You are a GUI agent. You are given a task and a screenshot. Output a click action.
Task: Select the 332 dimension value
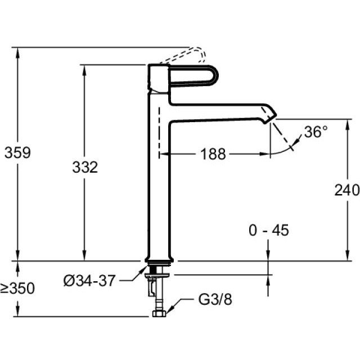pyautogui.click(x=85, y=167)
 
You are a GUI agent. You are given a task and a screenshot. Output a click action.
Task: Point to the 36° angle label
pyautogui.click(x=316, y=132)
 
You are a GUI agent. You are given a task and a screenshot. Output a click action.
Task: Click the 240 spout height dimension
pyautogui.click(x=346, y=191)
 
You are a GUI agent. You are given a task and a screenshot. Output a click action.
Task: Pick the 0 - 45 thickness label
pyautogui.click(x=268, y=231)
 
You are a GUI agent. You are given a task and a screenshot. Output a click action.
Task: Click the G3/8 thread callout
pyautogui.click(x=214, y=299)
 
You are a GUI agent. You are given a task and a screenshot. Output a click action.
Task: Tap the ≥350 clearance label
pyautogui.click(x=17, y=289)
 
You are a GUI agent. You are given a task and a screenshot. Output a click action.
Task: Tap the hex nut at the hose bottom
pyautogui.click(x=157, y=310)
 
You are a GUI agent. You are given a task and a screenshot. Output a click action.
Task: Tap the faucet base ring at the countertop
pyautogui.click(x=160, y=260)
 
